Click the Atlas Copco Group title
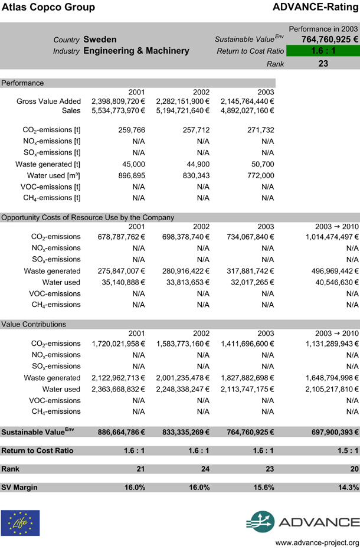(x=48, y=8)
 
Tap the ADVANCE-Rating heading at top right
(x=316, y=8)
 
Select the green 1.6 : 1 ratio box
(x=323, y=51)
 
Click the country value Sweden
(x=100, y=40)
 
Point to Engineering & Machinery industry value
(x=136, y=51)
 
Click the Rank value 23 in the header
(x=323, y=63)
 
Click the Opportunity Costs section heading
(x=88, y=217)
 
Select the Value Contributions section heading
(x=34, y=324)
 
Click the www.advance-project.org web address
(x=317, y=543)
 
